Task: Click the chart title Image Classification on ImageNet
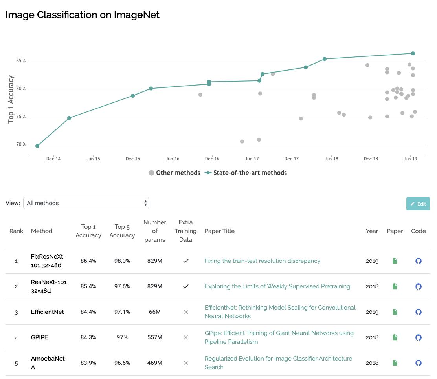pyautogui.click(x=83, y=15)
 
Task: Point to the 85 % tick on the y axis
pyautogui.click(x=21, y=61)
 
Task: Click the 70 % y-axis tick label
pyautogui.click(x=21, y=145)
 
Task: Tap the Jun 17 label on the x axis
pyautogui.click(x=252, y=159)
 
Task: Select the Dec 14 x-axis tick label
pyautogui.click(x=53, y=159)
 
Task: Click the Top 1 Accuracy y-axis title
pyautogui.click(x=11, y=99)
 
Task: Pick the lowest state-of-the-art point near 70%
pyautogui.click(x=37, y=146)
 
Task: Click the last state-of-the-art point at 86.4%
pyautogui.click(x=413, y=53)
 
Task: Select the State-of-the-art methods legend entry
pyautogui.click(x=246, y=173)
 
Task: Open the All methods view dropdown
pyautogui.click(x=86, y=203)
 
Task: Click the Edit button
pyautogui.click(x=418, y=204)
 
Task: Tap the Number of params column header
pyautogui.click(x=155, y=231)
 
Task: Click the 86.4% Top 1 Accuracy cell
pyautogui.click(x=88, y=261)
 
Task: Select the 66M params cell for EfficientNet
pyautogui.click(x=155, y=312)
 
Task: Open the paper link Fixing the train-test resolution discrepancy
pyautogui.click(x=263, y=261)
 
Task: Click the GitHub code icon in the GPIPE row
pyautogui.click(x=419, y=337)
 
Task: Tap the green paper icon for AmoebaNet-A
pyautogui.click(x=395, y=363)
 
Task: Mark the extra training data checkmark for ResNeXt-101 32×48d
pyautogui.click(x=186, y=286)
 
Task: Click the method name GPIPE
pyautogui.click(x=40, y=337)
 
